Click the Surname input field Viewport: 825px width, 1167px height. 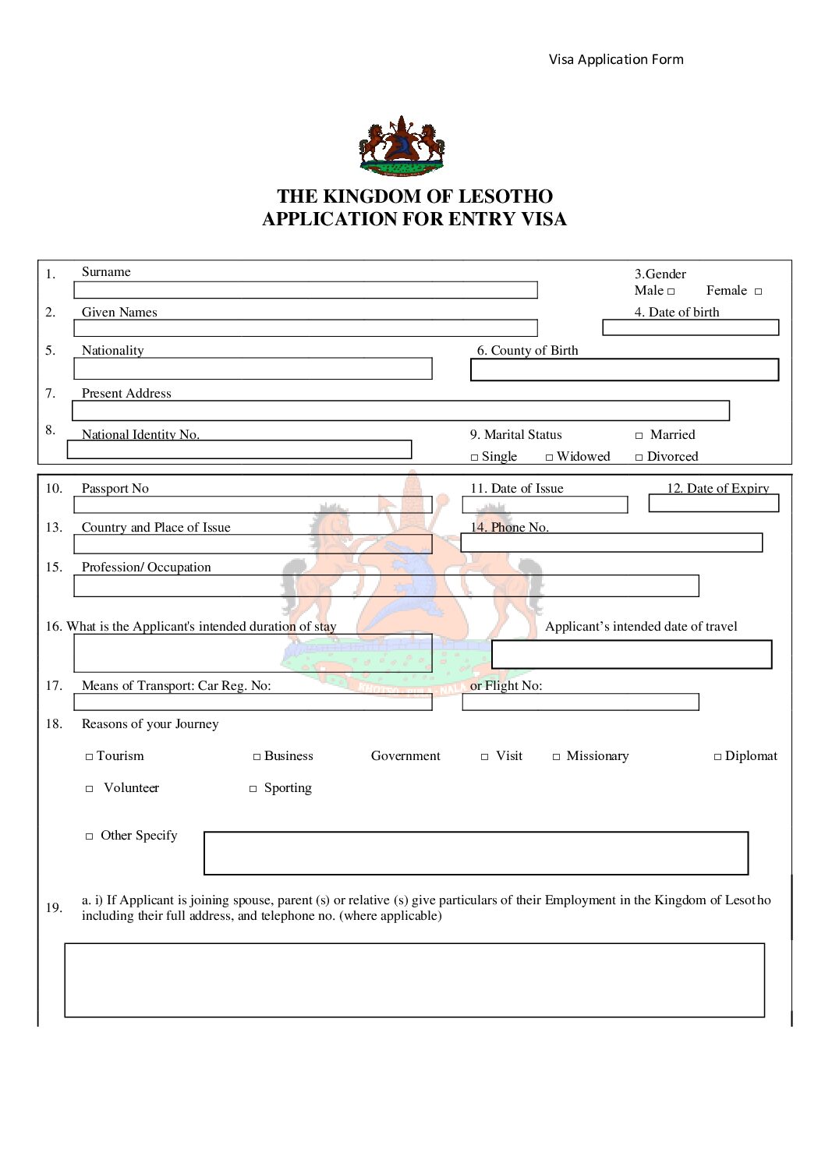click(305, 290)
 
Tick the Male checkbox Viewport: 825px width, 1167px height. click(671, 292)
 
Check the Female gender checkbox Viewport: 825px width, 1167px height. click(758, 292)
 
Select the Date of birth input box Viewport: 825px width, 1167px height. click(690, 327)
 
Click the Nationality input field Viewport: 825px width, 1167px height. click(253, 369)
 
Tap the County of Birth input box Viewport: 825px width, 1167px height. click(624, 370)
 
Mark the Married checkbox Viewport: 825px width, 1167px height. click(639, 436)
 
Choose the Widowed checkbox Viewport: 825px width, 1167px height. click(550, 458)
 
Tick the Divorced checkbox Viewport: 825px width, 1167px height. click(639, 458)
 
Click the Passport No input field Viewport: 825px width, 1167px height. click(253, 504)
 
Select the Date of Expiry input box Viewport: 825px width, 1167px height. click(713, 504)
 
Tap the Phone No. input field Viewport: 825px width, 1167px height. click(611, 543)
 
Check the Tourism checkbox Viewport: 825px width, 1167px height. click(90, 757)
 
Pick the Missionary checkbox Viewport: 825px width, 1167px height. click(557, 757)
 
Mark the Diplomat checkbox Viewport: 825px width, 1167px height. click(718, 757)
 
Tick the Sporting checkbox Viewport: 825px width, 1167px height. click(253, 789)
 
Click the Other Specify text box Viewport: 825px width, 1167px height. click(476, 853)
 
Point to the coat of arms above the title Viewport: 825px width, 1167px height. click(402, 146)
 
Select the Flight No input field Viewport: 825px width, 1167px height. click(580, 702)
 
